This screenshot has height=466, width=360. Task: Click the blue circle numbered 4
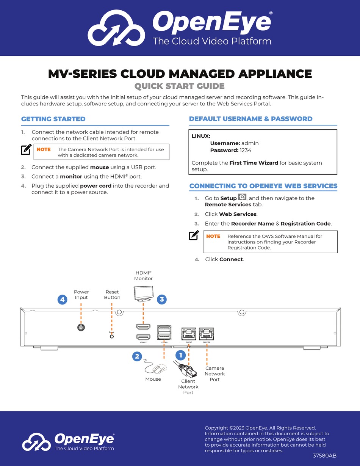point(63,300)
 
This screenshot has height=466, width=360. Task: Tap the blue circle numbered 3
point(162,299)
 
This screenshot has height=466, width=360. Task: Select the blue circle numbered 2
point(137,356)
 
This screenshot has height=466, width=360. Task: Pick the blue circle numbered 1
point(180,355)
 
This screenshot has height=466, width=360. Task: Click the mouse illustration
point(155,368)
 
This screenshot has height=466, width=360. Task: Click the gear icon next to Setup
point(242,198)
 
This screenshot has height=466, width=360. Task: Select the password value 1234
point(245,150)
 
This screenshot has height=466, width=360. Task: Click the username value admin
point(250,143)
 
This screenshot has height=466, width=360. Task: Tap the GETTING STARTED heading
point(53,119)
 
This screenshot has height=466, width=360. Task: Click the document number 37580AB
point(324,456)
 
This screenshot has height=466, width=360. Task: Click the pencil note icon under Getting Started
point(26,150)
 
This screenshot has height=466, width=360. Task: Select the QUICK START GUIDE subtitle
point(180,86)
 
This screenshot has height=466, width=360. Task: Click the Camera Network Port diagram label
point(214,373)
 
